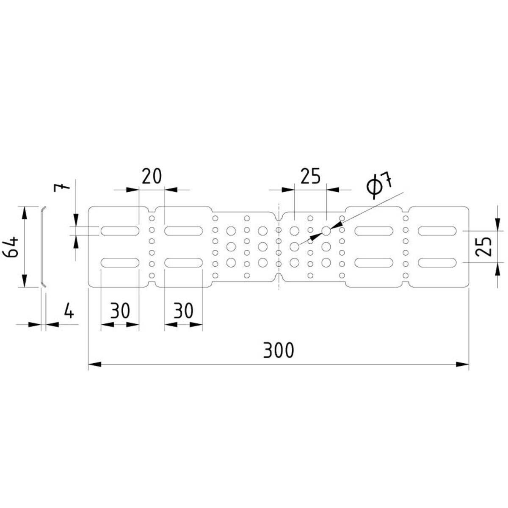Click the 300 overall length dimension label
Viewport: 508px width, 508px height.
pos(278,351)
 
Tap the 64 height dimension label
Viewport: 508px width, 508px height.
pos(11,247)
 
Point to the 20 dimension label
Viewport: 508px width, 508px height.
pos(152,176)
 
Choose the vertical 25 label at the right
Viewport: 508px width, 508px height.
pos(483,247)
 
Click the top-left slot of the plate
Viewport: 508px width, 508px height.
pos(120,231)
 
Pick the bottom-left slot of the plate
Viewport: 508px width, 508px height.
pos(120,262)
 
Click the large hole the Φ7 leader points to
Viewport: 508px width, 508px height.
pos(326,231)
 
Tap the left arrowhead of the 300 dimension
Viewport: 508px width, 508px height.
pos(95,364)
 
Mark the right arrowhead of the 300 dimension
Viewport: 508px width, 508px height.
pos(463,364)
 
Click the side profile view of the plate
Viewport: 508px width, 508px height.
pos(42,247)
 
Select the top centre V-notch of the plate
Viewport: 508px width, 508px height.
pos(279,217)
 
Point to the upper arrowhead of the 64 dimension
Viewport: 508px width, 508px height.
pos(24,213)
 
